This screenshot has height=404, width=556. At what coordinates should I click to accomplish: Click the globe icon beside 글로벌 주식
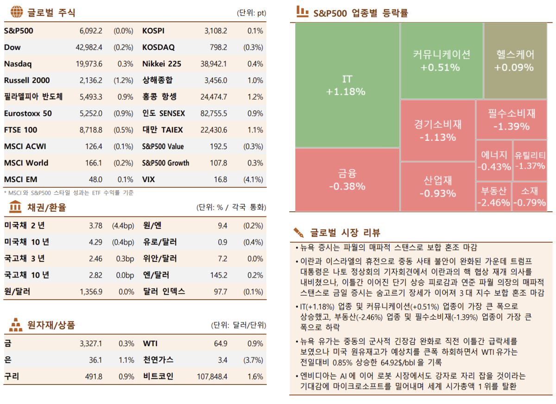click(16, 12)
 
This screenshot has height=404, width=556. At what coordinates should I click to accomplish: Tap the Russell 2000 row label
click(27, 80)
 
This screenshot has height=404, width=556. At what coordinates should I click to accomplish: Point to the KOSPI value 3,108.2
click(215, 31)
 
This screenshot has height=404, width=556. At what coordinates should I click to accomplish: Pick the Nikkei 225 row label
click(162, 64)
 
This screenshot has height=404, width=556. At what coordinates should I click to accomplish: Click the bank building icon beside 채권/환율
click(16, 207)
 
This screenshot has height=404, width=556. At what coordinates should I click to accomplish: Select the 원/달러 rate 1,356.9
click(91, 292)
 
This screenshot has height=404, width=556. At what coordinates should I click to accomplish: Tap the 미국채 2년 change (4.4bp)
click(123, 226)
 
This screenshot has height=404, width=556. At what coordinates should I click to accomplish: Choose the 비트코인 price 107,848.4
click(212, 377)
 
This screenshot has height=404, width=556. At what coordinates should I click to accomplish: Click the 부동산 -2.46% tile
click(493, 196)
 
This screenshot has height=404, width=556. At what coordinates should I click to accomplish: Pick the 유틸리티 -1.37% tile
click(530, 160)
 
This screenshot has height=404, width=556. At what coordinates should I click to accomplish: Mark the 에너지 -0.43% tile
click(493, 160)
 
